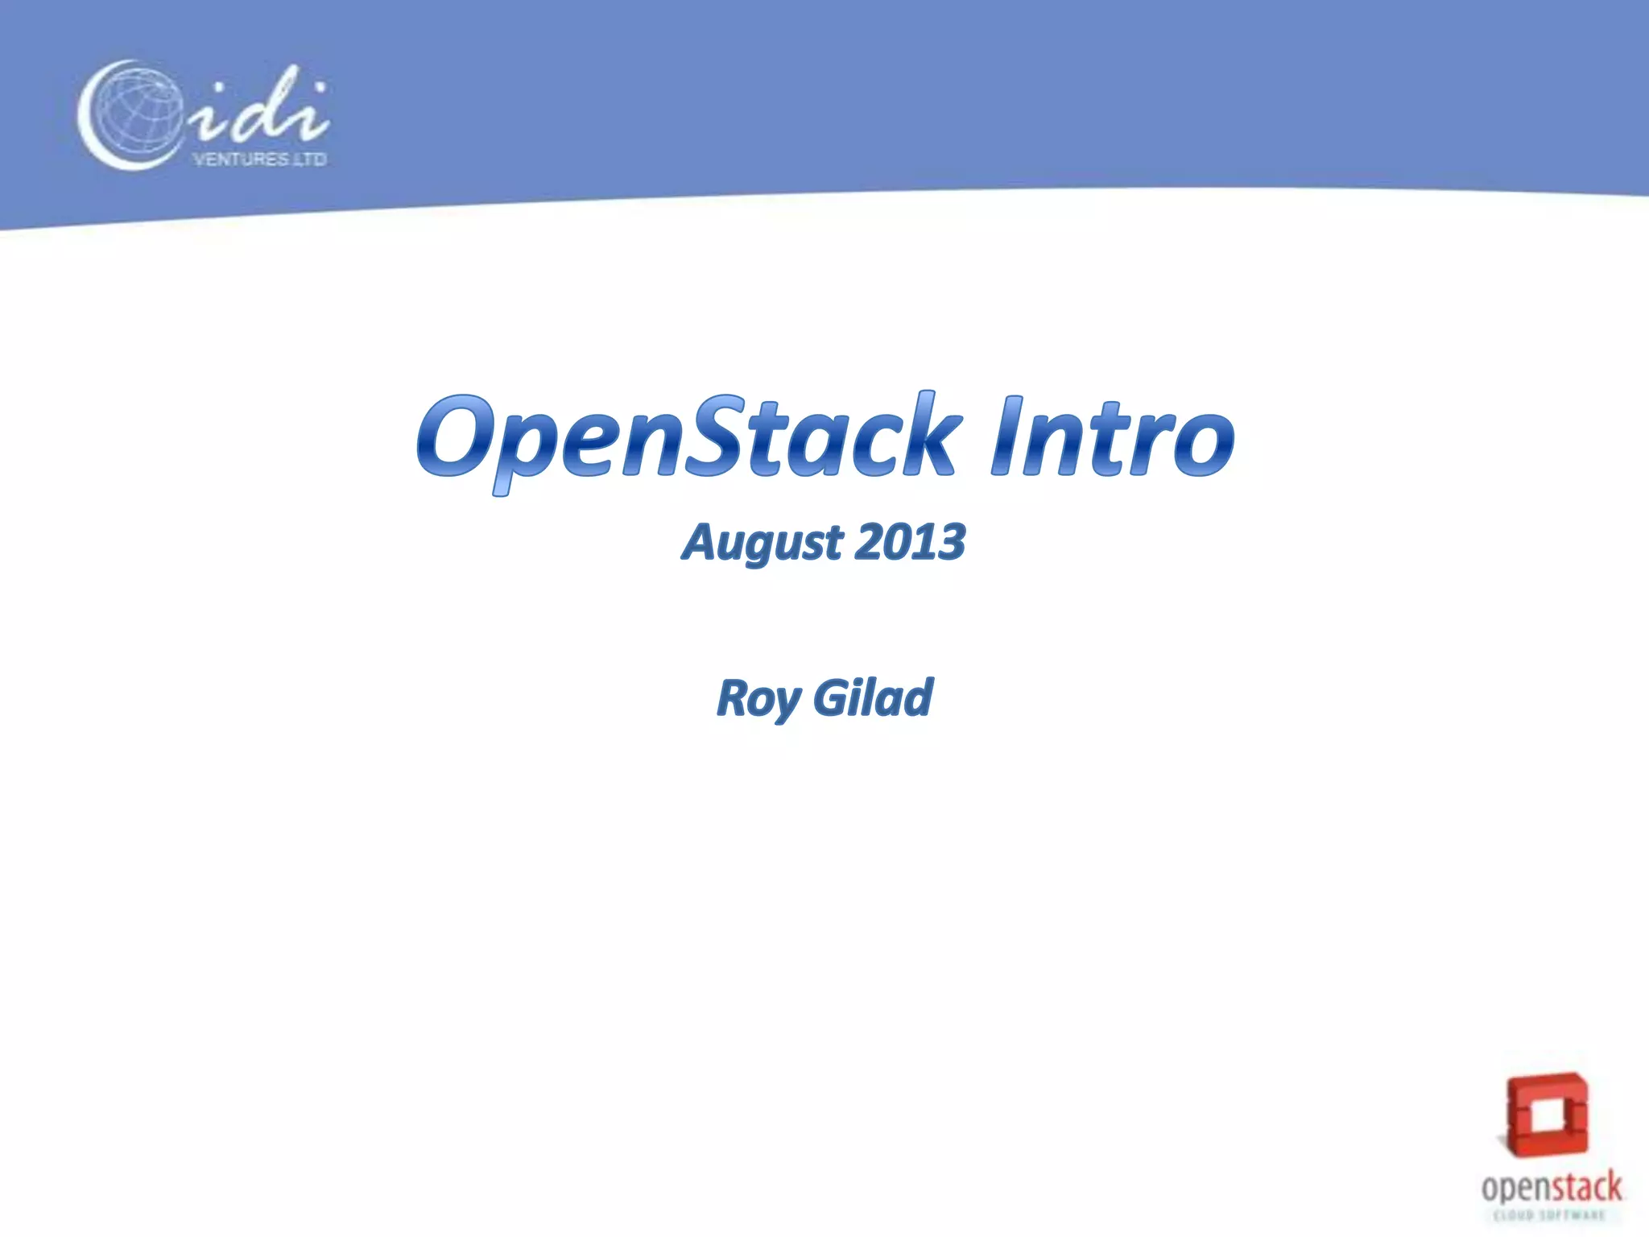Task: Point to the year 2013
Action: click(910, 543)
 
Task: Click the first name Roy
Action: click(757, 698)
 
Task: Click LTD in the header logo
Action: click(311, 159)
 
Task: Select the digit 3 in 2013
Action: click(950, 543)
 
